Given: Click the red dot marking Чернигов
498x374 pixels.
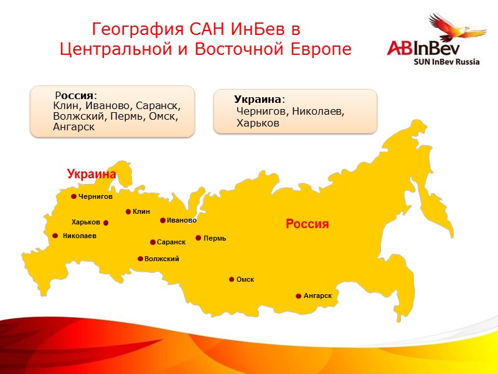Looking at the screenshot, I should [x=73, y=196].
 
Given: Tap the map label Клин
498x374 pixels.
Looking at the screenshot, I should [x=141, y=211].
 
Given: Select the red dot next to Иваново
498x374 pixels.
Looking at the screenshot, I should [x=163, y=220].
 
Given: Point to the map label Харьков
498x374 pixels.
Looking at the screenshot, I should [x=85, y=222].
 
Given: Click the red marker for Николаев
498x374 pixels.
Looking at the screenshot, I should [x=55, y=236].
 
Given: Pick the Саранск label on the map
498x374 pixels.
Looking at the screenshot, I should [x=171, y=242].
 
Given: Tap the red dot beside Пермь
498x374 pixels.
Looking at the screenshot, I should [x=199, y=237].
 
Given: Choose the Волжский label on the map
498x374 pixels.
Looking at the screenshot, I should [x=161, y=259].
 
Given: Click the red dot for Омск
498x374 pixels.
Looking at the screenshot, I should [x=232, y=279].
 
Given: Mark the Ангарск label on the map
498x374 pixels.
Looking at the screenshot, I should [x=317, y=295].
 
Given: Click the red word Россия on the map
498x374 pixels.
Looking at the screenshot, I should [x=307, y=223].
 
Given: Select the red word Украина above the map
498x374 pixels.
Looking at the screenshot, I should [x=92, y=175].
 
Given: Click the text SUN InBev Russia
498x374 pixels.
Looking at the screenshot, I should [x=446, y=62].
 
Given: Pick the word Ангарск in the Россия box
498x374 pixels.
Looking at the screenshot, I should [x=73, y=127].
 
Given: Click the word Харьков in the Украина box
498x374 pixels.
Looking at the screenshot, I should [x=258, y=123].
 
